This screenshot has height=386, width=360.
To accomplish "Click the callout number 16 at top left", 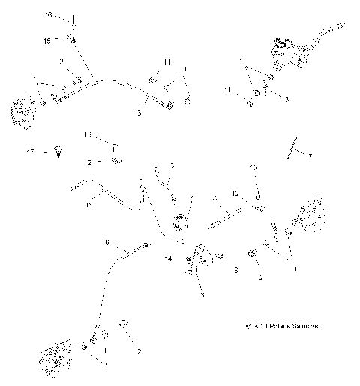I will tap(49, 15).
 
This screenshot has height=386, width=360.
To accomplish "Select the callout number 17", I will tap(31, 152).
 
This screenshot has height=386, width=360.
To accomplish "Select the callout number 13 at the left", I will tap(88, 136).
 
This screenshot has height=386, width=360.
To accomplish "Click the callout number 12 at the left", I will tap(88, 161).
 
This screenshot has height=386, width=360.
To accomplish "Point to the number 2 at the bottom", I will tap(137, 351).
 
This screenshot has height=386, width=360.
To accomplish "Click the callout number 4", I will tap(193, 198).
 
